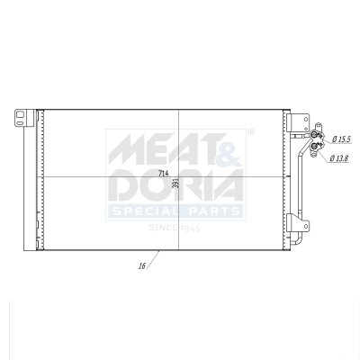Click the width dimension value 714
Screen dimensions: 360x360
click(163, 173)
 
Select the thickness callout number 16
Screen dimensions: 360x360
click(143, 267)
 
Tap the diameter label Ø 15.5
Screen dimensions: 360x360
click(341, 139)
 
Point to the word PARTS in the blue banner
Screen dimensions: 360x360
click(213, 211)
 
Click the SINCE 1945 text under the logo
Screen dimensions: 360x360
click(175, 229)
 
